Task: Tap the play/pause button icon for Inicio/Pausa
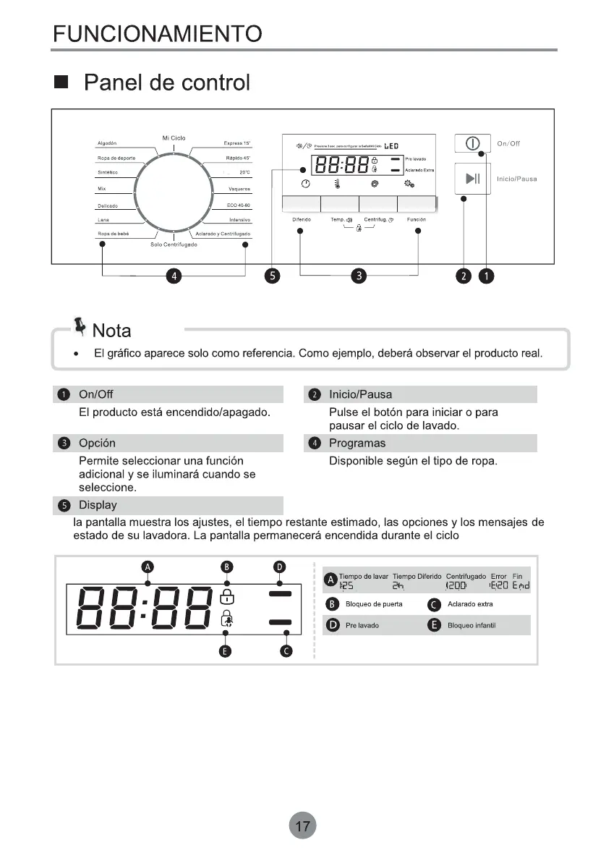tap(473, 179)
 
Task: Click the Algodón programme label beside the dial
tap(107, 143)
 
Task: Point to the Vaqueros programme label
tap(239, 189)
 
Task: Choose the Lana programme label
tap(103, 219)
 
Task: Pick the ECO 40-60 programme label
tap(238, 205)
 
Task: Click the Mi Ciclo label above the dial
tap(174, 137)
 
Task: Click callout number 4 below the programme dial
tap(173, 276)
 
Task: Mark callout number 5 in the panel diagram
tap(272, 276)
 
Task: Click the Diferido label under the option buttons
tap(302, 219)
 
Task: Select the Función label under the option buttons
tap(417, 219)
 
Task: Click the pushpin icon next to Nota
tap(80, 327)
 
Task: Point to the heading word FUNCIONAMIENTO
tap(158, 33)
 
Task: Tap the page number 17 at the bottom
tap(303, 825)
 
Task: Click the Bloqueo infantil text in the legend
tap(471, 625)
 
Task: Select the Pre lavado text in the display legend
tap(362, 625)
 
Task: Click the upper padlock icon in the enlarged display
tap(227, 597)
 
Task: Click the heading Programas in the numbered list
tap(357, 443)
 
